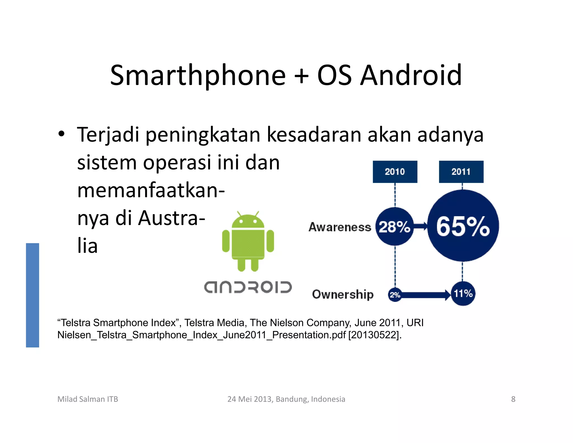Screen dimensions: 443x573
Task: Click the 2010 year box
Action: [395, 172]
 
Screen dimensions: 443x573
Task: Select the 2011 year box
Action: [461, 172]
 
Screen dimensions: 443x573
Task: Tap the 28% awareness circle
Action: [394, 227]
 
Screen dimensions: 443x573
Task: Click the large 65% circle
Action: [463, 226]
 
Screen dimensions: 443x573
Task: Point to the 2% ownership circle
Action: [395, 295]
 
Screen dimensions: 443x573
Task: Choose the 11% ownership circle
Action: [463, 293]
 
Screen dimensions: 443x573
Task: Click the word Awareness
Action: [340, 227]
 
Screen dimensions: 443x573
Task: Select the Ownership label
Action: [343, 294]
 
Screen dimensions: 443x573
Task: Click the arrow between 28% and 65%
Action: [421, 226]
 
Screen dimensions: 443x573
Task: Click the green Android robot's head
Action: [248, 221]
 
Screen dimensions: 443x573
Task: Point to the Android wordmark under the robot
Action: [248, 287]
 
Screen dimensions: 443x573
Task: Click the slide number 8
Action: [513, 399]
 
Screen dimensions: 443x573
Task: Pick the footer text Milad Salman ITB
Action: [88, 399]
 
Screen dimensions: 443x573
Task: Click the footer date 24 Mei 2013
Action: [250, 399]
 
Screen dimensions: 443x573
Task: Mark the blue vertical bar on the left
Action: [32, 295]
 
